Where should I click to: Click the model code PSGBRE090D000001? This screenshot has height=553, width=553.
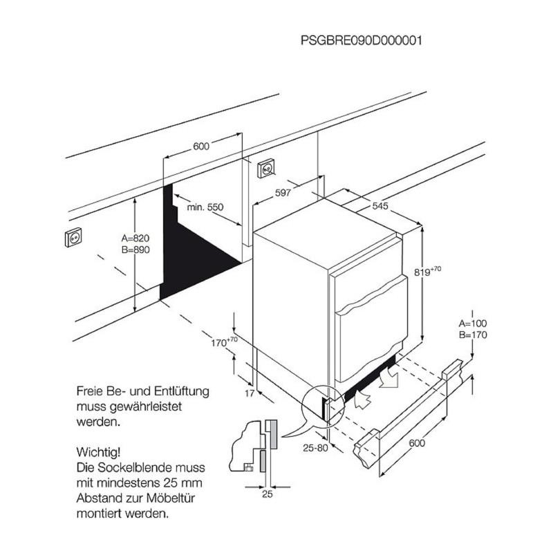click(361, 40)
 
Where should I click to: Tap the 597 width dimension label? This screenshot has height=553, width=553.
click(283, 194)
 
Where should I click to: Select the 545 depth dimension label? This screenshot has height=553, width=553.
click(379, 206)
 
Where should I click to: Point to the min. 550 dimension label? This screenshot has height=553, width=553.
click(205, 207)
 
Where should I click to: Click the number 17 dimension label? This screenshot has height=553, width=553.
click(250, 393)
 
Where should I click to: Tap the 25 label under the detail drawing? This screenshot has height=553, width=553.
click(268, 494)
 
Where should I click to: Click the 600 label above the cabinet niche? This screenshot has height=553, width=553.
click(200, 146)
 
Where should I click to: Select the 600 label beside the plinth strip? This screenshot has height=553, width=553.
click(416, 443)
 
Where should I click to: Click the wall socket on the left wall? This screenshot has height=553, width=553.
click(73, 237)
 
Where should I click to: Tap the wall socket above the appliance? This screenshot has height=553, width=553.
click(266, 167)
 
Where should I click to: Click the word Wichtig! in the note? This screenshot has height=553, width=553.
click(99, 453)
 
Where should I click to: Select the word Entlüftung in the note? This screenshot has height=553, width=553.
click(180, 391)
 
